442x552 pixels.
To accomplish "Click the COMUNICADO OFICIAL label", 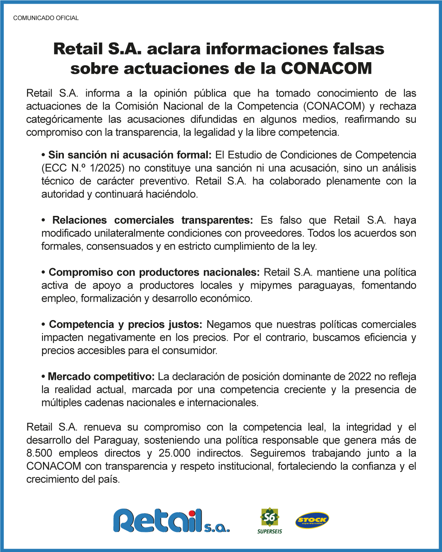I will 46,18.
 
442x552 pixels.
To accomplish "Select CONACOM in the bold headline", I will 326,68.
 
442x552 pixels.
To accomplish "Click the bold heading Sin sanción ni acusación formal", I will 129,155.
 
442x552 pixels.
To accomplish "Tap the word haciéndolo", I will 172,194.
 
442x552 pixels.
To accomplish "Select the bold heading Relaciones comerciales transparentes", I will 152,220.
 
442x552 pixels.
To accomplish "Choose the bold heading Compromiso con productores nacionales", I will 154,272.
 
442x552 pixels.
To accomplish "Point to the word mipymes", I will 271,285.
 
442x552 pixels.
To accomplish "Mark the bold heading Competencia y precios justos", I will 125,325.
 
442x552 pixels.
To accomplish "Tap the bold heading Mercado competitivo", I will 101,377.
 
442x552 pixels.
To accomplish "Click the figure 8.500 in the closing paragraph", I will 39,453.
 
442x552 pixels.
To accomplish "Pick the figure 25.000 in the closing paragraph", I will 174,453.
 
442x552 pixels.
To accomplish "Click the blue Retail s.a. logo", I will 171,521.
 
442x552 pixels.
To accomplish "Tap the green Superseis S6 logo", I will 270,520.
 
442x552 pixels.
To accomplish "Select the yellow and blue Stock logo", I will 312,520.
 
